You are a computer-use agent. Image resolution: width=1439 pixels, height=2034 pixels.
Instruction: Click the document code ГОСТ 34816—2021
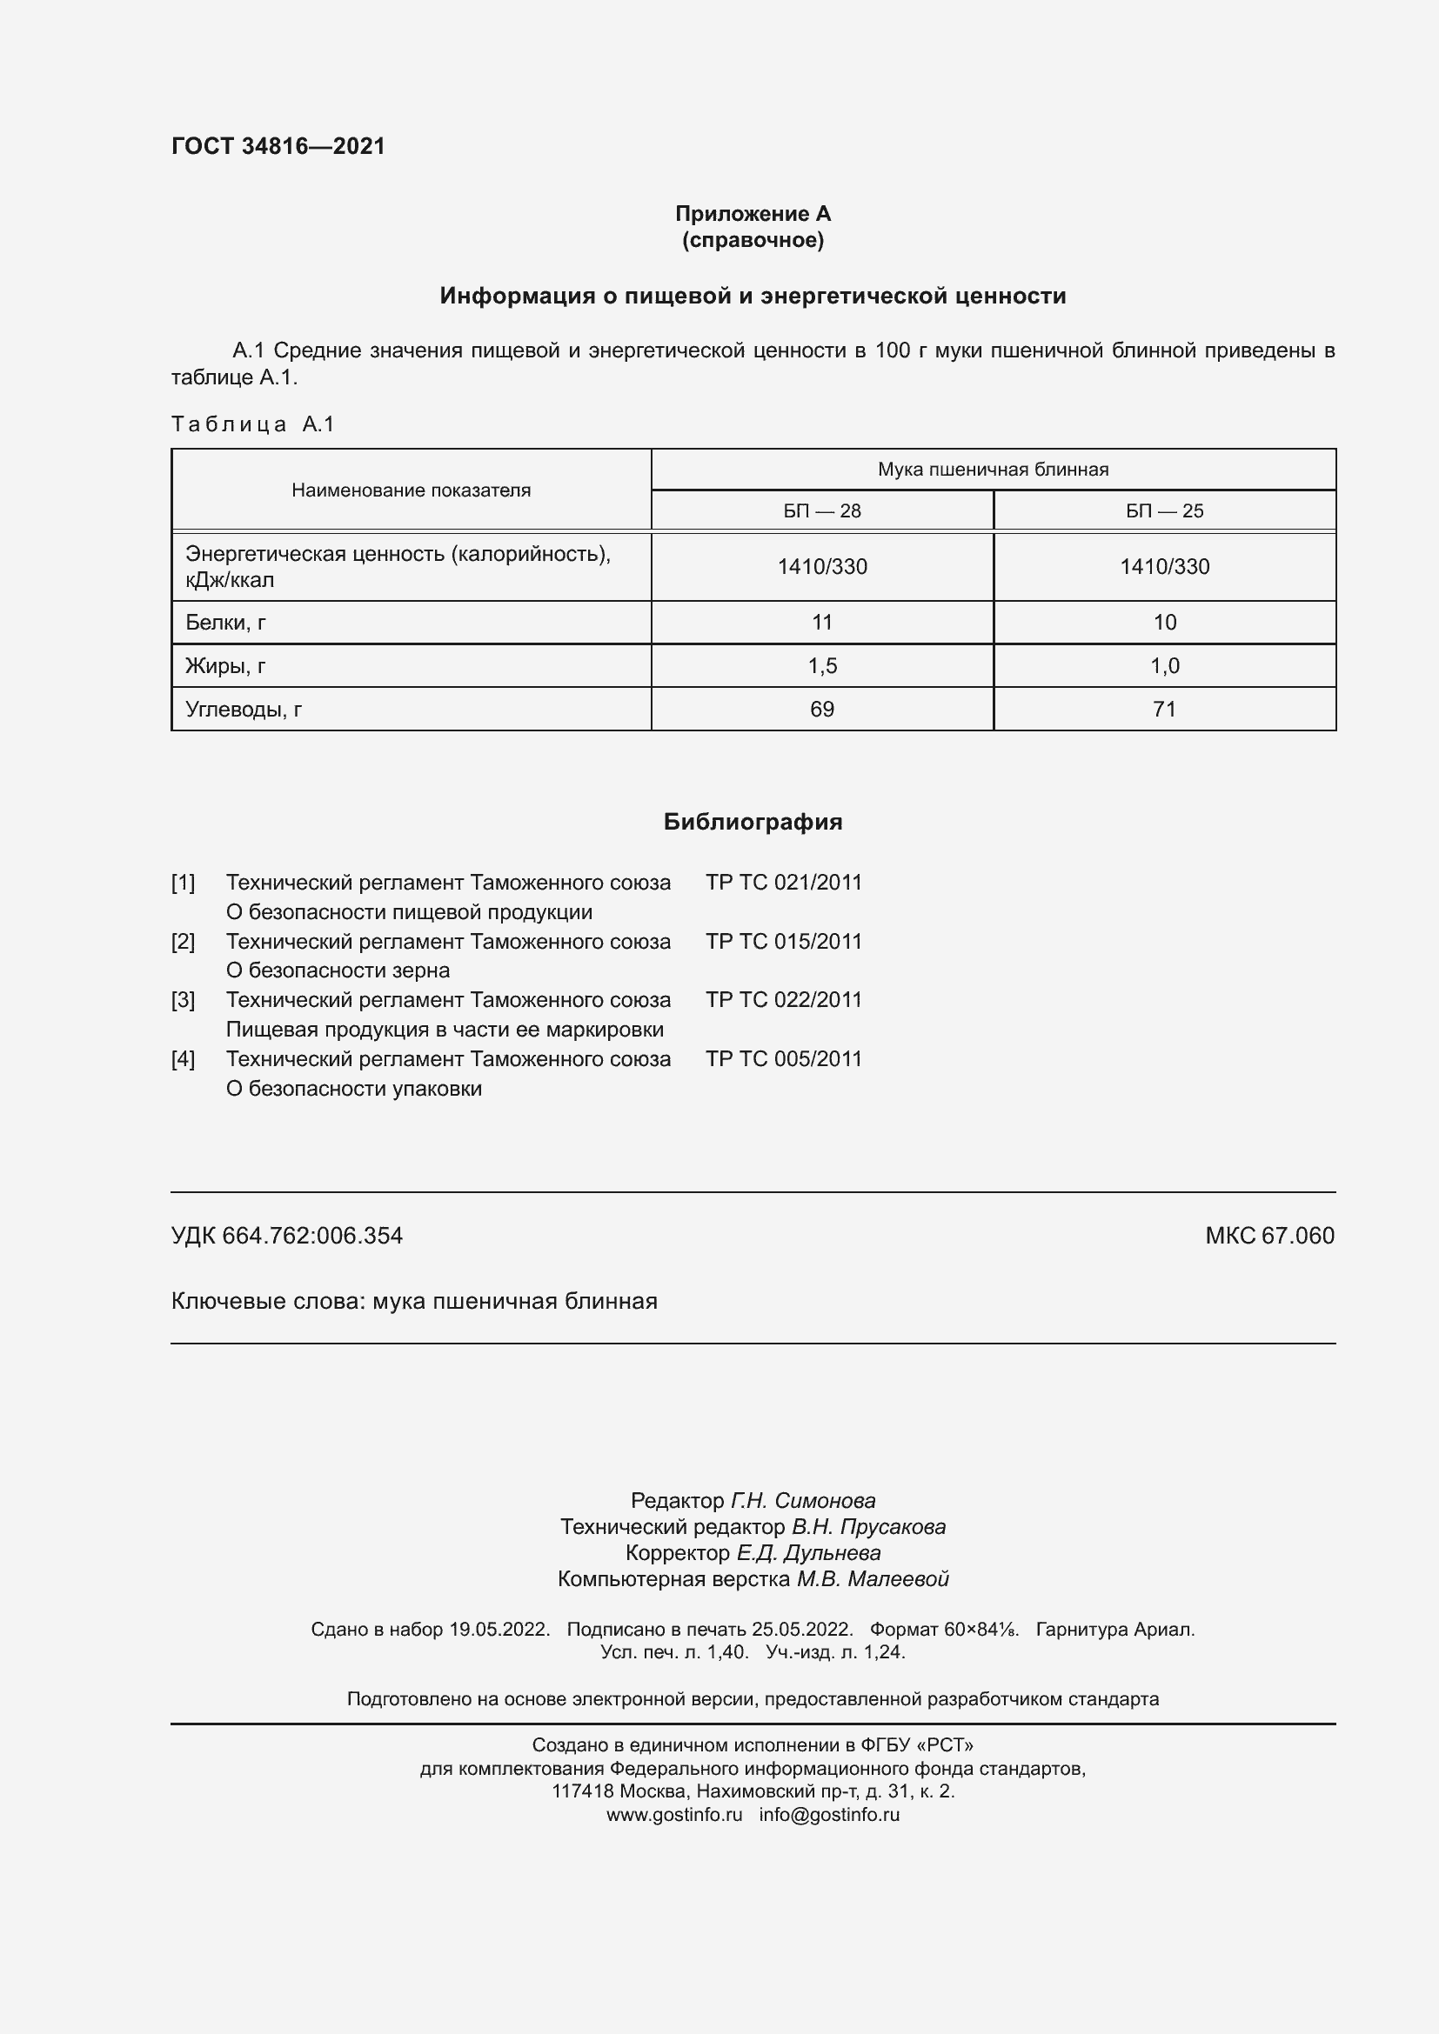[278, 146]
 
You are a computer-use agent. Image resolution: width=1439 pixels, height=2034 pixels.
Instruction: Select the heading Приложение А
[753, 214]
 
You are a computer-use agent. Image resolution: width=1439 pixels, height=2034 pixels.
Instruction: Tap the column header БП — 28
[821, 511]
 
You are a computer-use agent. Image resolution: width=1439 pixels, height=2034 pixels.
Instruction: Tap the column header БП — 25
[1163, 511]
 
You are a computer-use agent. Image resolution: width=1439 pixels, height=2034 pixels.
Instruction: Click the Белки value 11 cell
[821, 623]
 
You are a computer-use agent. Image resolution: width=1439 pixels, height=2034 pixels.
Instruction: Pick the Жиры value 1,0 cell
[1163, 666]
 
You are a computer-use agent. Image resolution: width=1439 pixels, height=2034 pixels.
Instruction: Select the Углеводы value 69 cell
[821, 710]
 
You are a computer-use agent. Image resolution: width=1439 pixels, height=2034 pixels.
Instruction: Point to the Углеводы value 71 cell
[1163, 710]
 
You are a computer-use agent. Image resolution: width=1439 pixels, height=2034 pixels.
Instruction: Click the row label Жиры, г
[225, 666]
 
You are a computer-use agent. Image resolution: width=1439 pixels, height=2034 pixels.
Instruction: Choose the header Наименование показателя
[412, 490]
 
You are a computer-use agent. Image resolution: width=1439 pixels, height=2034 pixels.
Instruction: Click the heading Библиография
[753, 822]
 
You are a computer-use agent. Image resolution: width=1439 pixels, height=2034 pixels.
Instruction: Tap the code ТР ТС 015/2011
[783, 942]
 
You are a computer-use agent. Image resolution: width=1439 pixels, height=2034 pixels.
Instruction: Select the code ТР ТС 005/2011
[783, 1059]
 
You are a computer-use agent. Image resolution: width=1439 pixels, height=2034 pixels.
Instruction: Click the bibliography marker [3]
[183, 1000]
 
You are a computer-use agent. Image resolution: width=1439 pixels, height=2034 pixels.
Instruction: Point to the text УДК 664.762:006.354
[286, 1236]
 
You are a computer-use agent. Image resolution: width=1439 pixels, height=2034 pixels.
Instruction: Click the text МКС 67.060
[1268, 1236]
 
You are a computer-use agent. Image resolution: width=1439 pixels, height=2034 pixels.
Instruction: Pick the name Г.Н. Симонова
[802, 1501]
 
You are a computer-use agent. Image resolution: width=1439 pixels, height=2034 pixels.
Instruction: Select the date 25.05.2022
[801, 1629]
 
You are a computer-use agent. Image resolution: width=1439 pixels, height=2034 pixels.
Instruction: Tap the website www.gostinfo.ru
[673, 1814]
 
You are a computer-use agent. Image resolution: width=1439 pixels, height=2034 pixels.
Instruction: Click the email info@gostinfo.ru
[828, 1814]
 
